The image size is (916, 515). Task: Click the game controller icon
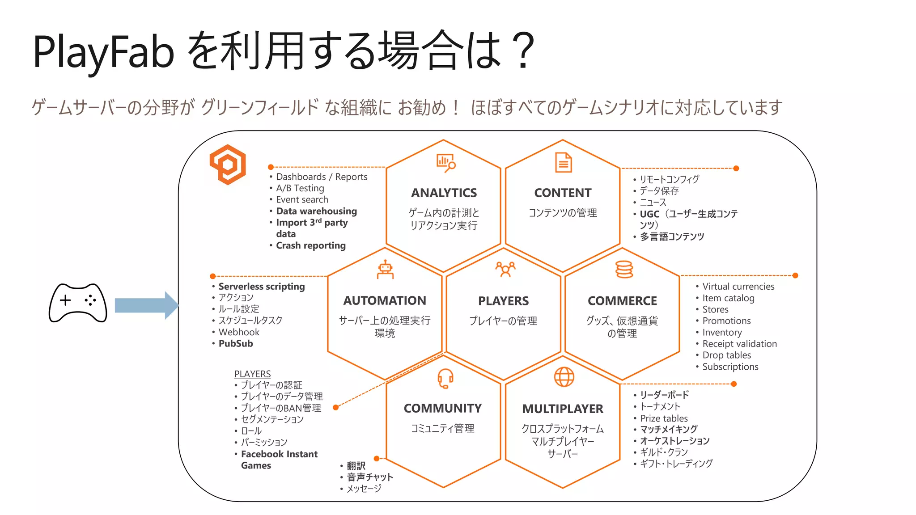coord(78,303)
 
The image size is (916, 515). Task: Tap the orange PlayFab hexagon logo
coord(228,164)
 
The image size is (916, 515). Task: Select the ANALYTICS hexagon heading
coord(444,193)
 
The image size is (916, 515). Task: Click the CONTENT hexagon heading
coord(563,193)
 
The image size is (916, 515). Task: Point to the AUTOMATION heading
coord(385,300)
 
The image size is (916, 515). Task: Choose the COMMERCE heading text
coord(622,301)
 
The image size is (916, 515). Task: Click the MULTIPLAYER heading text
coord(563,409)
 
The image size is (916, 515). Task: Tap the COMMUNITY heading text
coord(443,408)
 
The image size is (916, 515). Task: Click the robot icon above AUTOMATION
coord(385,270)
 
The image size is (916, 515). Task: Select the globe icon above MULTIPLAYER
coord(564,377)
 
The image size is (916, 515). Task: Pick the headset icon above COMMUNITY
coord(445,378)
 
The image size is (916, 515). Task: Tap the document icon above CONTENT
coord(564,162)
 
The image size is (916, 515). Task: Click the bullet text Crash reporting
coord(311,245)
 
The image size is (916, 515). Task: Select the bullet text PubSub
coord(236,343)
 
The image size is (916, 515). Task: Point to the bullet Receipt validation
coord(739,344)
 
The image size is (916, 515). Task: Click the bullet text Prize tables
coord(664,418)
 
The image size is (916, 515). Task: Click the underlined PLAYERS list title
coord(252,374)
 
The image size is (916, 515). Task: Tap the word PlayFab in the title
coord(103,52)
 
